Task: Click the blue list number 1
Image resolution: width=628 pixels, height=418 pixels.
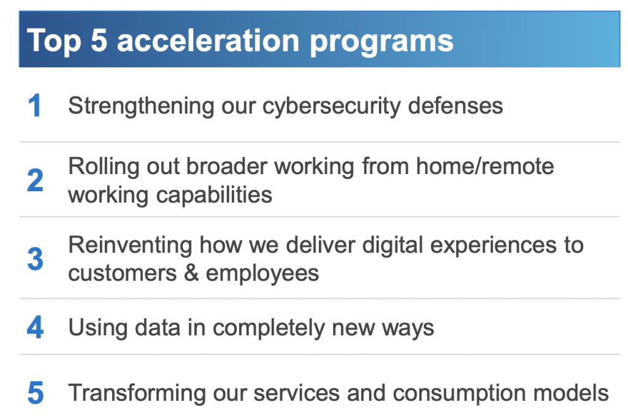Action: coord(35,105)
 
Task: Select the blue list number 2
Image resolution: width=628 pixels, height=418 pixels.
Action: coord(35,180)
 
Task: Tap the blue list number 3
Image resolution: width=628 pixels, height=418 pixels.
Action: coord(35,259)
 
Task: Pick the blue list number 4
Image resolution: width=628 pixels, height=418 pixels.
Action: coord(35,327)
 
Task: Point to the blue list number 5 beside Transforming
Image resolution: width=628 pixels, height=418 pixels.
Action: coord(35,393)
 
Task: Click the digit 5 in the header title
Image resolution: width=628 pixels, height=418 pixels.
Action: coord(99,40)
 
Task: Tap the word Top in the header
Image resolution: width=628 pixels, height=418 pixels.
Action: coord(54,42)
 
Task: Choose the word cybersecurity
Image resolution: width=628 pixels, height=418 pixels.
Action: coord(332,107)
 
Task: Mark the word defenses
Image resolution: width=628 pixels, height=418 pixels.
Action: coord(456,105)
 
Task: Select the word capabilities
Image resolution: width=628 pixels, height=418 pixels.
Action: coord(214,196)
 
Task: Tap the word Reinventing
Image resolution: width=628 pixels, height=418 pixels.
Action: coord(130,245)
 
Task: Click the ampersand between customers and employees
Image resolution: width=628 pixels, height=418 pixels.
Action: coord(191,273)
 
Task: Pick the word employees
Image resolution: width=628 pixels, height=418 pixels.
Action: coord(262,275)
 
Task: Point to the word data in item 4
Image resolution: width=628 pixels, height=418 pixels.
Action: coord(158,327)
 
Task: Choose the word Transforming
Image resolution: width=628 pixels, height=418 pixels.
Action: coord(137,393)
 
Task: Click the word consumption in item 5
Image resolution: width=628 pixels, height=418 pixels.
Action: coord(459,394)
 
